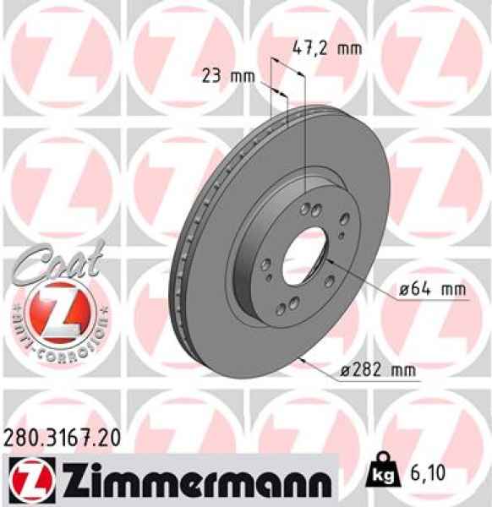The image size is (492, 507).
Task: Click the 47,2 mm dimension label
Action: (326, 48)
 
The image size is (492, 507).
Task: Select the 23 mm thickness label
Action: (228, 77)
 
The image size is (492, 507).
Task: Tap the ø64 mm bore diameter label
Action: (433, 289)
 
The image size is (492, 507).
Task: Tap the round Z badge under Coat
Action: (57, 311)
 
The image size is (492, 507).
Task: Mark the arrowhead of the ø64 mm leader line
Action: (326, 264)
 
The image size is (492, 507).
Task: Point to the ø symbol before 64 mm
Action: (404, 289)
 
